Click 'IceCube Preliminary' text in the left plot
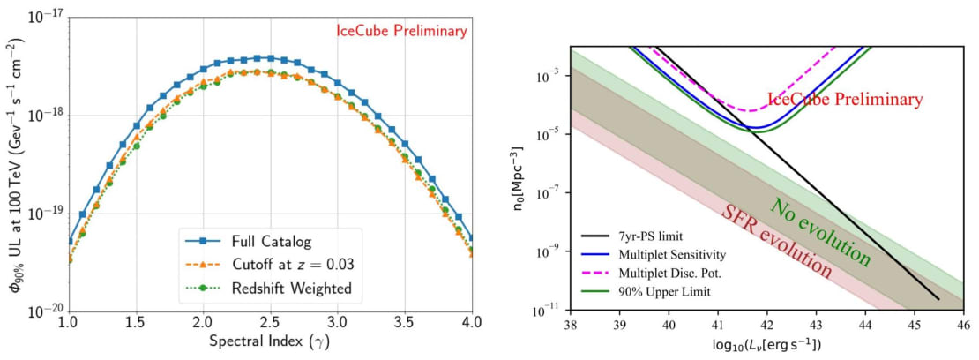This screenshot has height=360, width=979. point(401,31)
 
